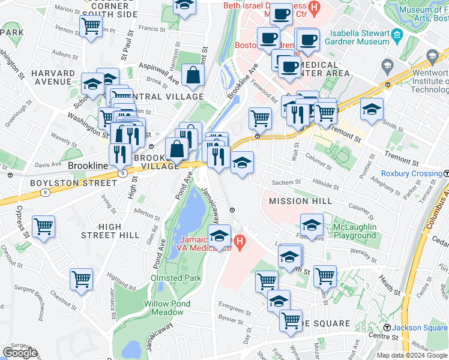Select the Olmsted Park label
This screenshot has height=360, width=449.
176,278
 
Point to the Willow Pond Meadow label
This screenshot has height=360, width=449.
163,308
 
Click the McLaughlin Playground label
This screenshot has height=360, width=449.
355,232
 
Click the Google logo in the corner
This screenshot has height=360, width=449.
20,352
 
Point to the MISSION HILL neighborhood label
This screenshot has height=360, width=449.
300,201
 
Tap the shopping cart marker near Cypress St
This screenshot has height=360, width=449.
44,227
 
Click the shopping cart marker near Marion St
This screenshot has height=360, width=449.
91,26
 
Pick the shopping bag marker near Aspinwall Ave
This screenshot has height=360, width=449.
193,75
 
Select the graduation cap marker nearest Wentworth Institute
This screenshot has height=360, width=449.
372,110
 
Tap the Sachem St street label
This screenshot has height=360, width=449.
287,182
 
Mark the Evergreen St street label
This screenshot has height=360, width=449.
235,311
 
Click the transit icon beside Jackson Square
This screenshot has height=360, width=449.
387,328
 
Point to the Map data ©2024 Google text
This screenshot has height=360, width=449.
412,355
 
